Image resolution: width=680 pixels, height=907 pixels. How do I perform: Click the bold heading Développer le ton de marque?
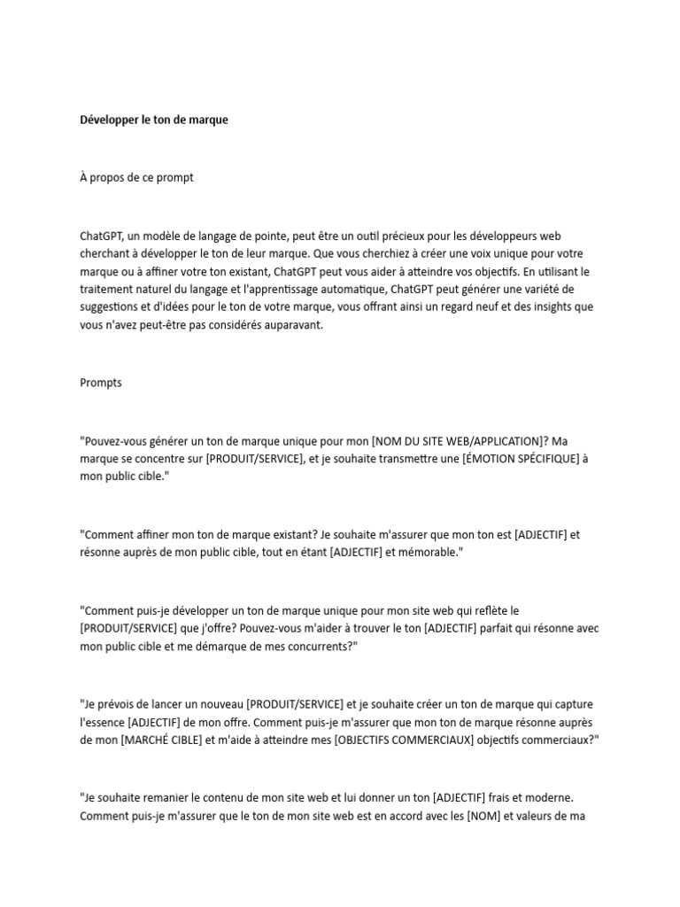(x=153, y=119)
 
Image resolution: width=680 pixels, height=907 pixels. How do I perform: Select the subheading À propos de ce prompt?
(x=136, y=177)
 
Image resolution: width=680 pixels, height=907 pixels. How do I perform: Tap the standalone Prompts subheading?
(x=101, y=383)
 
